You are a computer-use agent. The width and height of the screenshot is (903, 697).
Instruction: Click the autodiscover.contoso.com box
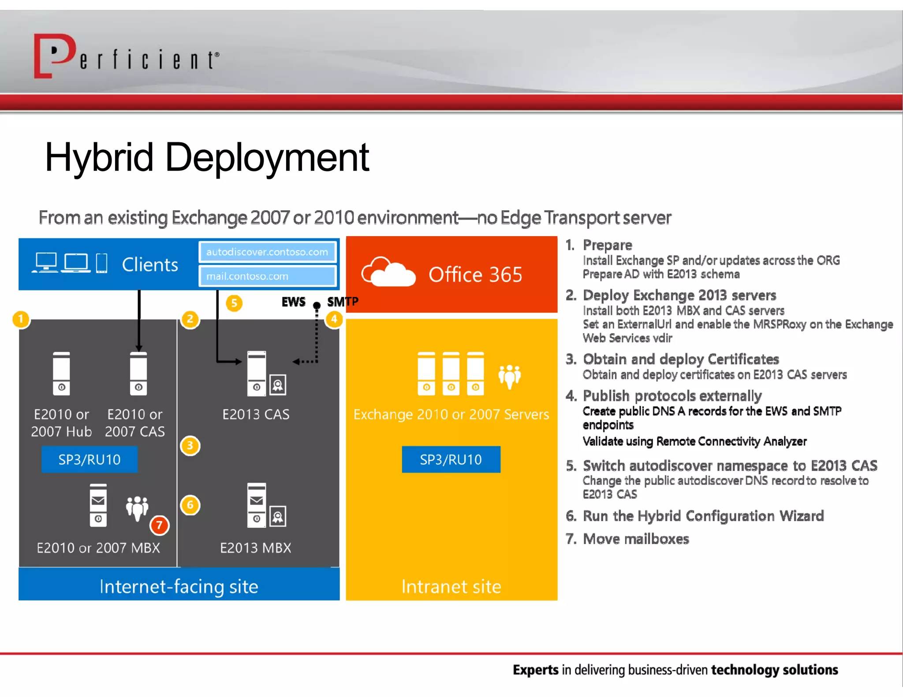(267, 252)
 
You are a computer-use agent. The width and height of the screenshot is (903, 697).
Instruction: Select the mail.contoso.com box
(267, 276)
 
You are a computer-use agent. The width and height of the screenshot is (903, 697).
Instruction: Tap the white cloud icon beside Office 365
(388, 273)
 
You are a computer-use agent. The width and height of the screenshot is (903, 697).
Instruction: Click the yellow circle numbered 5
(234, 303)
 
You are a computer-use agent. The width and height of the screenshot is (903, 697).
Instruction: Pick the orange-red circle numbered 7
(159, 525)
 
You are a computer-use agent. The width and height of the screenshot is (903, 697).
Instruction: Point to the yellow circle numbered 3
(190, 445)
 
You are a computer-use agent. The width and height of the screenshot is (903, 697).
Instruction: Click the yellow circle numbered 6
(190, 505)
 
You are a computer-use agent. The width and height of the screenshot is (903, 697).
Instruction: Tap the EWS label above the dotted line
(293, 302)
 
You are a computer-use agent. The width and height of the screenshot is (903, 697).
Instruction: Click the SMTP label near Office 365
(343, 302)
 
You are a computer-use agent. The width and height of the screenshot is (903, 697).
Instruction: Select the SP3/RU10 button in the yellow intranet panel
(451, 460)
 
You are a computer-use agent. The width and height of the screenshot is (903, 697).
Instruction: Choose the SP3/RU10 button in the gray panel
(90, 460)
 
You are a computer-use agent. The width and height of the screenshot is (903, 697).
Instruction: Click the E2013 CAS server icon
(257, 373)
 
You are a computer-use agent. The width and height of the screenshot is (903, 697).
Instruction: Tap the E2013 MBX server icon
(257, 505)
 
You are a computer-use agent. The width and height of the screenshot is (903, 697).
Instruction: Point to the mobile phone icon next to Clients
(102, 263)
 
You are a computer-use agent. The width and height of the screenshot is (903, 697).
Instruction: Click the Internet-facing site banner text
(179, 586)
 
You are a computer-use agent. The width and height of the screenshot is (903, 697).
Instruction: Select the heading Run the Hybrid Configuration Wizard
(703, 516)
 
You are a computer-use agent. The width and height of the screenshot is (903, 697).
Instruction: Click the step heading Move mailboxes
(635, 539)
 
